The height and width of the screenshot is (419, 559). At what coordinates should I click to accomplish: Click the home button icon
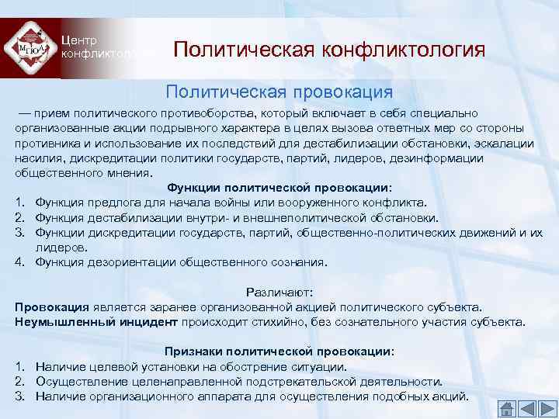[505, 408]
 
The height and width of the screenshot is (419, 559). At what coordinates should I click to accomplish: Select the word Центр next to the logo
[78, 40]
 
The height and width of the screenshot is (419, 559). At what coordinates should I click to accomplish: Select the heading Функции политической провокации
[279, 188]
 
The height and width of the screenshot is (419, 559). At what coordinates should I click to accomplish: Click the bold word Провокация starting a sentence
[51, 306]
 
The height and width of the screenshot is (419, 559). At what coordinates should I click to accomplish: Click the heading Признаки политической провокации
[279, 351]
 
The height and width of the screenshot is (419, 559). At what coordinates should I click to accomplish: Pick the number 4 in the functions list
[19, 262]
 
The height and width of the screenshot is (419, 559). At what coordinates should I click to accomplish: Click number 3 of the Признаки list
[19, 396]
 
